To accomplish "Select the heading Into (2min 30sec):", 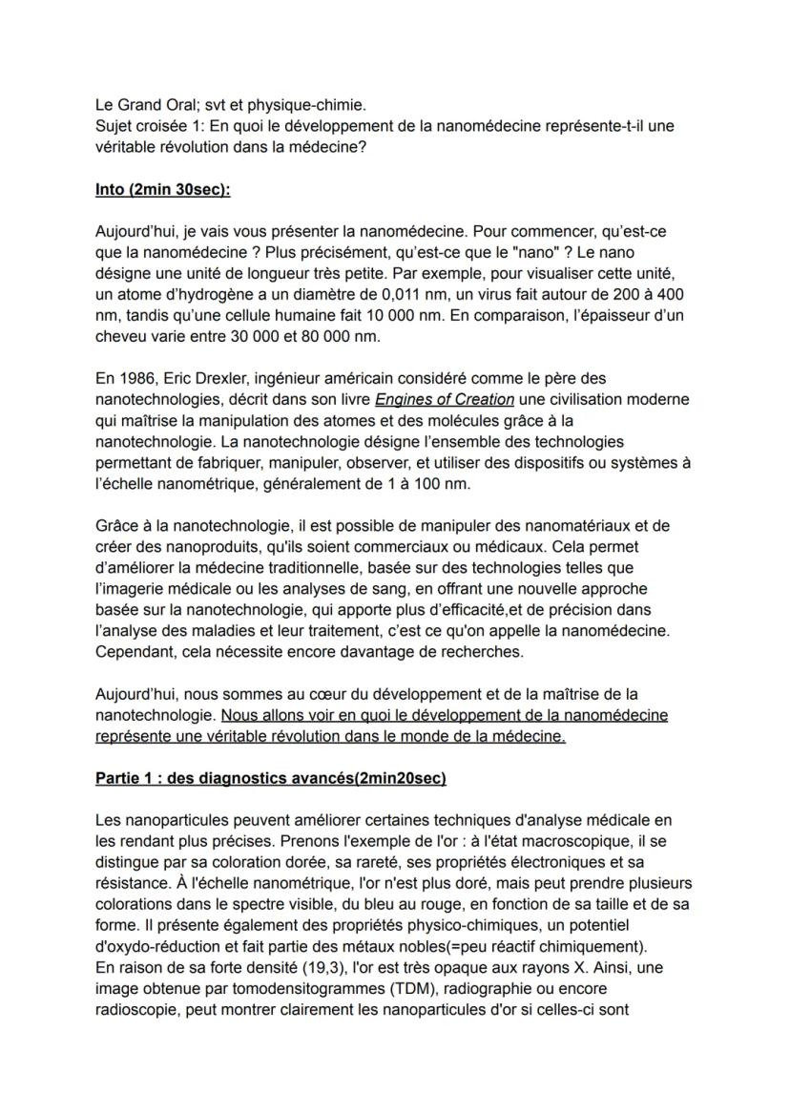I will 163,190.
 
